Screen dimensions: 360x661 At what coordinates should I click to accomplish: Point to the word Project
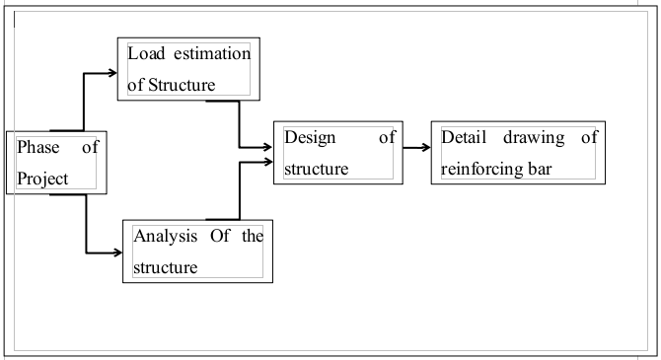43,179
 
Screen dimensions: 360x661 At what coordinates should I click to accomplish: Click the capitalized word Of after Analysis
218,236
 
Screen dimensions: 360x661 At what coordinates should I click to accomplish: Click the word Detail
465,138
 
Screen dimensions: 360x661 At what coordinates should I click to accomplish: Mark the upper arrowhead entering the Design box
268,147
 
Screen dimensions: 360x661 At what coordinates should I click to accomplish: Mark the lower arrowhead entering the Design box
268,158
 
